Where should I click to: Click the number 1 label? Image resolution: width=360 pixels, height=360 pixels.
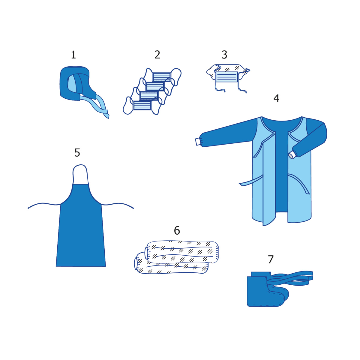click(x=73, y=55)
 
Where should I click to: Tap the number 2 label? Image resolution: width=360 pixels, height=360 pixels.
click(x=157, y=55)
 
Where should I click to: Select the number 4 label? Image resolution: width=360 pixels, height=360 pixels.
click(x=276, y=98)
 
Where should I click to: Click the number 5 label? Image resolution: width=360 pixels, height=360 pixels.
click(x=77, y=153)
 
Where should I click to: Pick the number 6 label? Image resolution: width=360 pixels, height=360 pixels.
click(x=177, y=230)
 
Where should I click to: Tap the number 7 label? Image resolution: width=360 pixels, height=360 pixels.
click(x=271, y=259)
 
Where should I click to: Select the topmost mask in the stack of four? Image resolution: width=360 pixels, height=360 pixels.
click(x=162, y=76)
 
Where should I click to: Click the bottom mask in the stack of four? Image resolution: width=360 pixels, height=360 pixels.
click(x=142, y=105)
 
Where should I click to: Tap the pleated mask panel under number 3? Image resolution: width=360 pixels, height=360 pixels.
click(x=226, y=77)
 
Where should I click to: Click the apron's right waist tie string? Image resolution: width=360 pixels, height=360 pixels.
click(x=118, y=205)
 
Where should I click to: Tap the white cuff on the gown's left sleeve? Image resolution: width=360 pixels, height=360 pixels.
click(x=198, y=142)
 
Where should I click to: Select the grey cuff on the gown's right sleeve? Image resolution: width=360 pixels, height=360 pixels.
click(x=292, y=155)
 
